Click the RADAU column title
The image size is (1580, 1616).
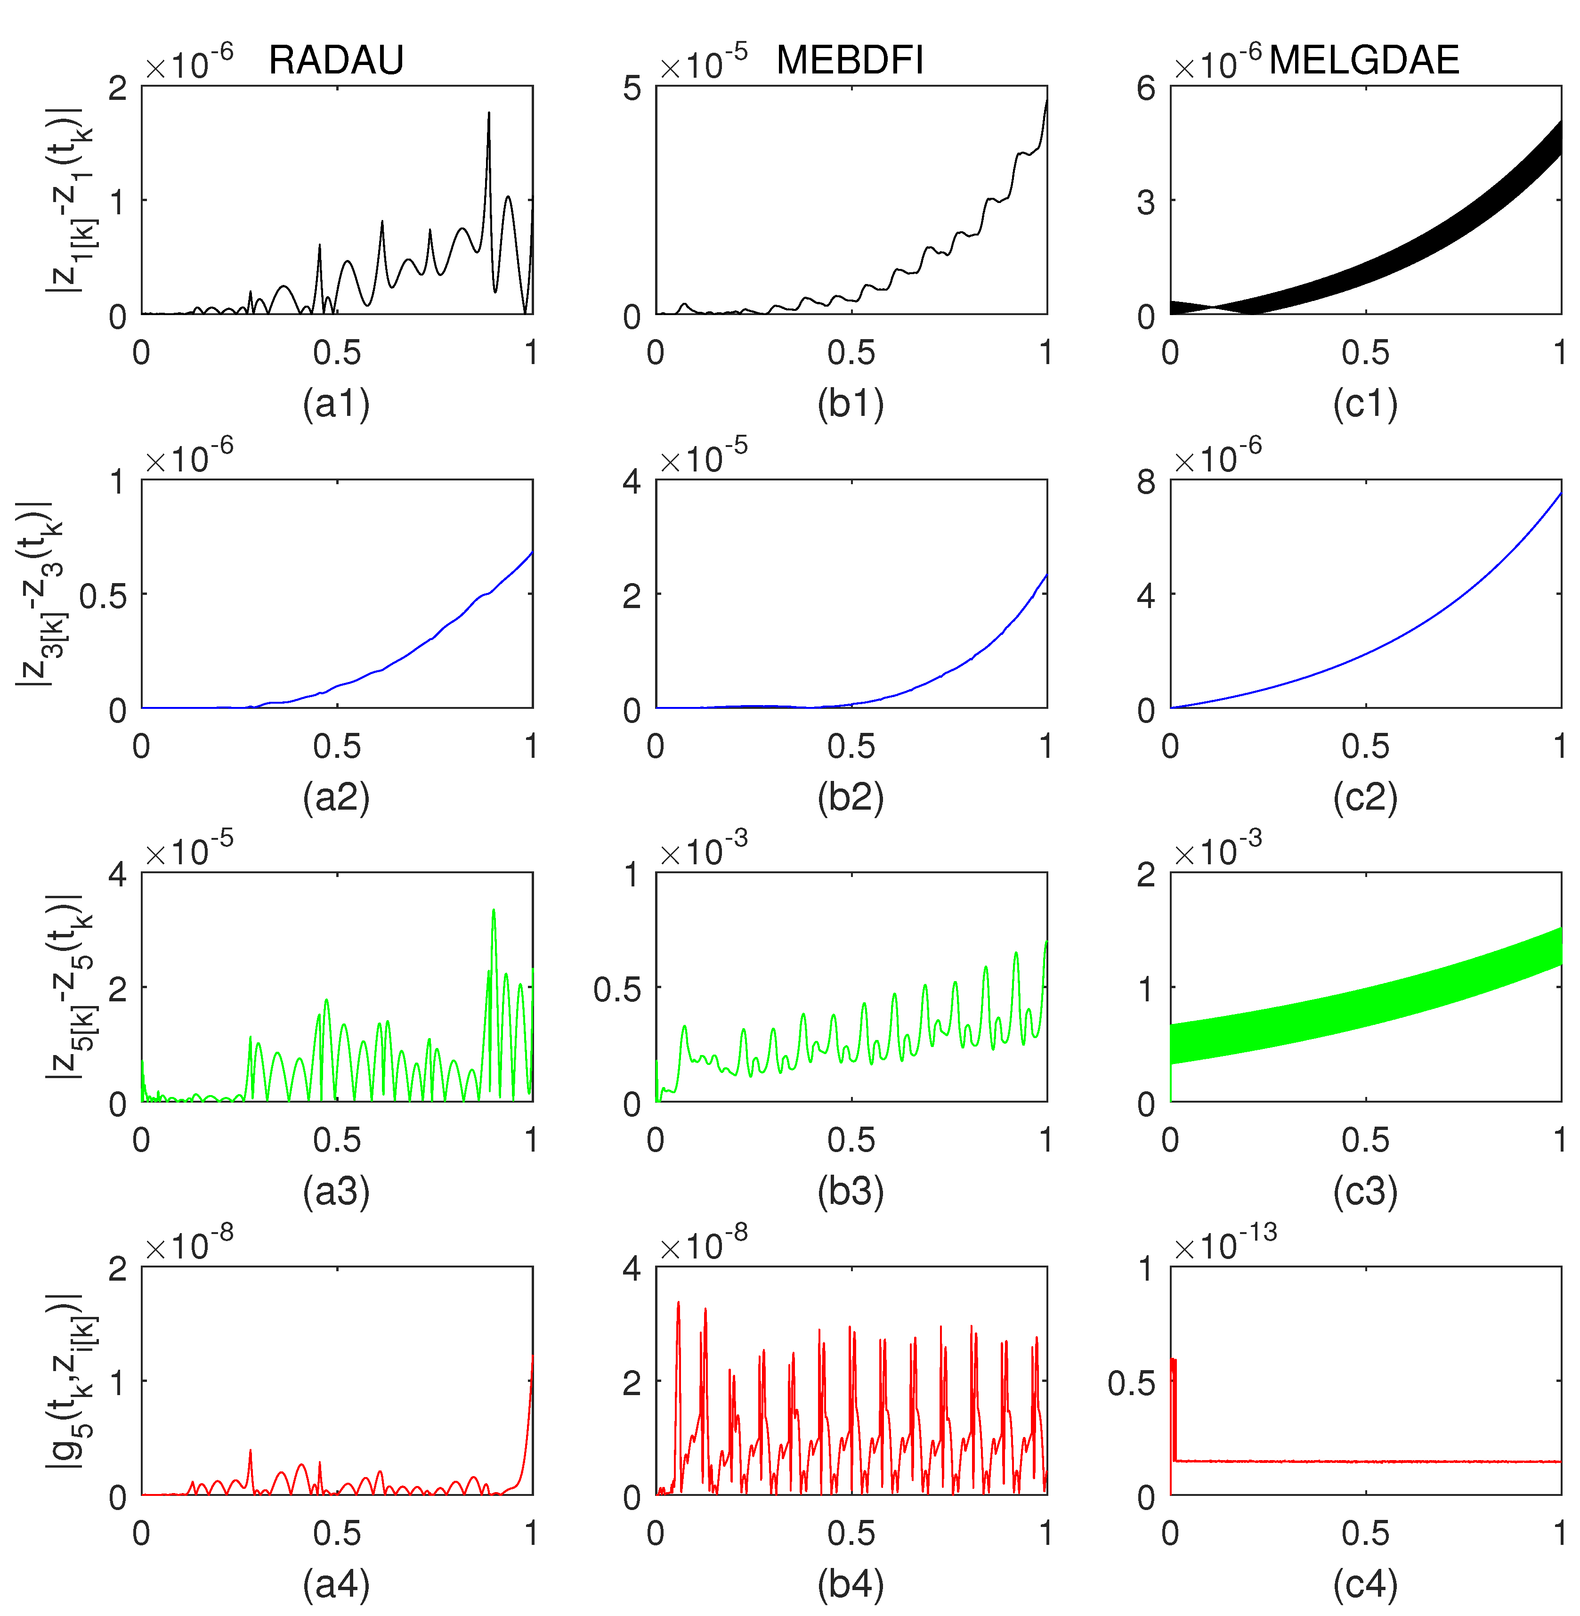click(336, 60)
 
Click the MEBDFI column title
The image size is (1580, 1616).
click(850, 60)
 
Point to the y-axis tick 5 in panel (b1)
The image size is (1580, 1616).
click(632, 87)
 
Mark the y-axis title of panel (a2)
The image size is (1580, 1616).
click(37, 593)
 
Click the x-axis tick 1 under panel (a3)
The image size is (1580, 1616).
click(531, 1139)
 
